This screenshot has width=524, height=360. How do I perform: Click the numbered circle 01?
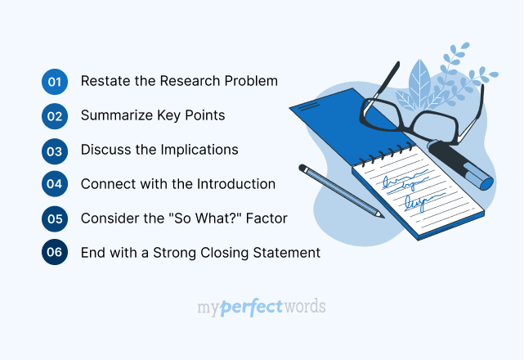coord(55,82)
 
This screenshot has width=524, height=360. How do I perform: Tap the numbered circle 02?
coord(55,116)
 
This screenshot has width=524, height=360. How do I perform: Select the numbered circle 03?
coord(55,151)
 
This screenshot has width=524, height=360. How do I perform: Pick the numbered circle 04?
coord(55,184)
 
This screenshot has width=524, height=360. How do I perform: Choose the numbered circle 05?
coord(55,218)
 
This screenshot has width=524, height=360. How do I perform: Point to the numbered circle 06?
coord(55,253)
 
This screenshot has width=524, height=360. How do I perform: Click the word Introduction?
coord(235,184)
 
